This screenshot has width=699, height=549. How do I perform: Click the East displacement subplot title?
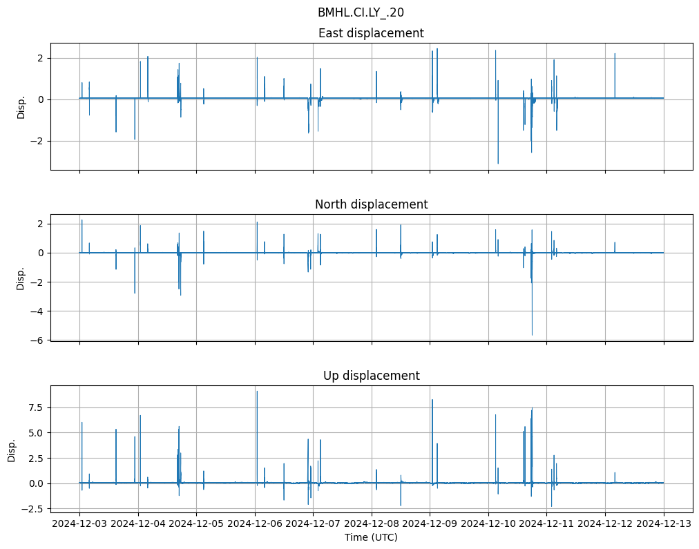tap(371, 33)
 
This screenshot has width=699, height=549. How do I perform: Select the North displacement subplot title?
tap(371, 204)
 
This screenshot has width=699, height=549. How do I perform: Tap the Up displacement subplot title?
tap(371, 376)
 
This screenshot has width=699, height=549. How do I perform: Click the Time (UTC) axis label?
tap(371, 537)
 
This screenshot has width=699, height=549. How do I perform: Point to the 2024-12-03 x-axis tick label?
tap(79, 524)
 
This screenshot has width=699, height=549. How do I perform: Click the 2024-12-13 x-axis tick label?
tap(664, 524)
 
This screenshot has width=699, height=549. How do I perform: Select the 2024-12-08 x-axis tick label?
tap(372, 524)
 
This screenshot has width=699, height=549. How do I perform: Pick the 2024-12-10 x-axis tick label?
tap(488, 524)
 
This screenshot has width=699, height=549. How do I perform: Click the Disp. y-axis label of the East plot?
tap(21, 106)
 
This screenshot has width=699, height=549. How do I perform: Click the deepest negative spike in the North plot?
tap(532, 335)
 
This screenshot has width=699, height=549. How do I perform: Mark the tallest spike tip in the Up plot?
tap(257, 392)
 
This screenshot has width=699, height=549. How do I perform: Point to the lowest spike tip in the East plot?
tap(498, 164)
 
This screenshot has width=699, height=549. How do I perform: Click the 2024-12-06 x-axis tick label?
tap(255, 524)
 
